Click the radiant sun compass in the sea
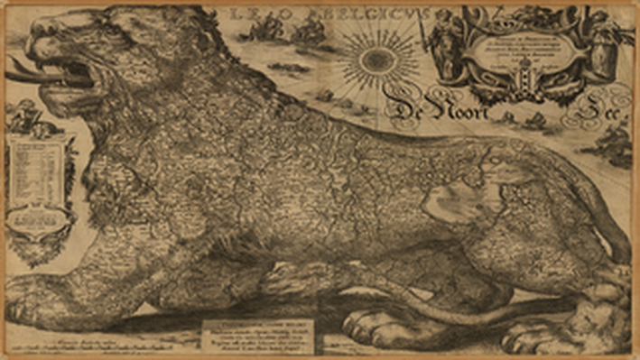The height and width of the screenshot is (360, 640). click(379, 61)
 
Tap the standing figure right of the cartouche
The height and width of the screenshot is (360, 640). click(598, 45)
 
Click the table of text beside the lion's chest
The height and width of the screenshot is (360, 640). click(39, 184)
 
